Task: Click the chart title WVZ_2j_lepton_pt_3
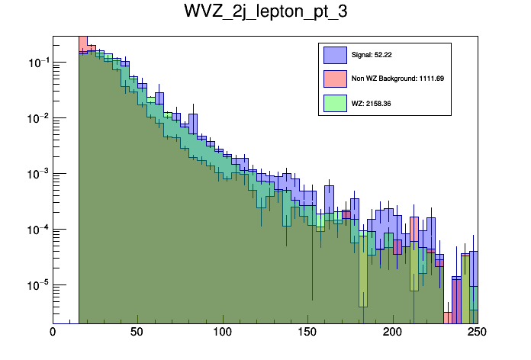(x=265, y=13)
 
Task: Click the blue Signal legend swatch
(x=335, y=55)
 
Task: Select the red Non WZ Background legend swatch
(x=335, y=79)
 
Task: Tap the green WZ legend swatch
(x=335, y=102)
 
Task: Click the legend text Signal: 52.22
(x=372, y=55)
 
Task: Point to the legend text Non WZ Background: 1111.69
(x=397, y=79)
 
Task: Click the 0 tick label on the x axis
(x=53, y=333)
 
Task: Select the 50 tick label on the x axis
(x=137, y=333)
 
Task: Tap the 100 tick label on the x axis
(x=222, y=333)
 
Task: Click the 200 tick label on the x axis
(x=392, y=333)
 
